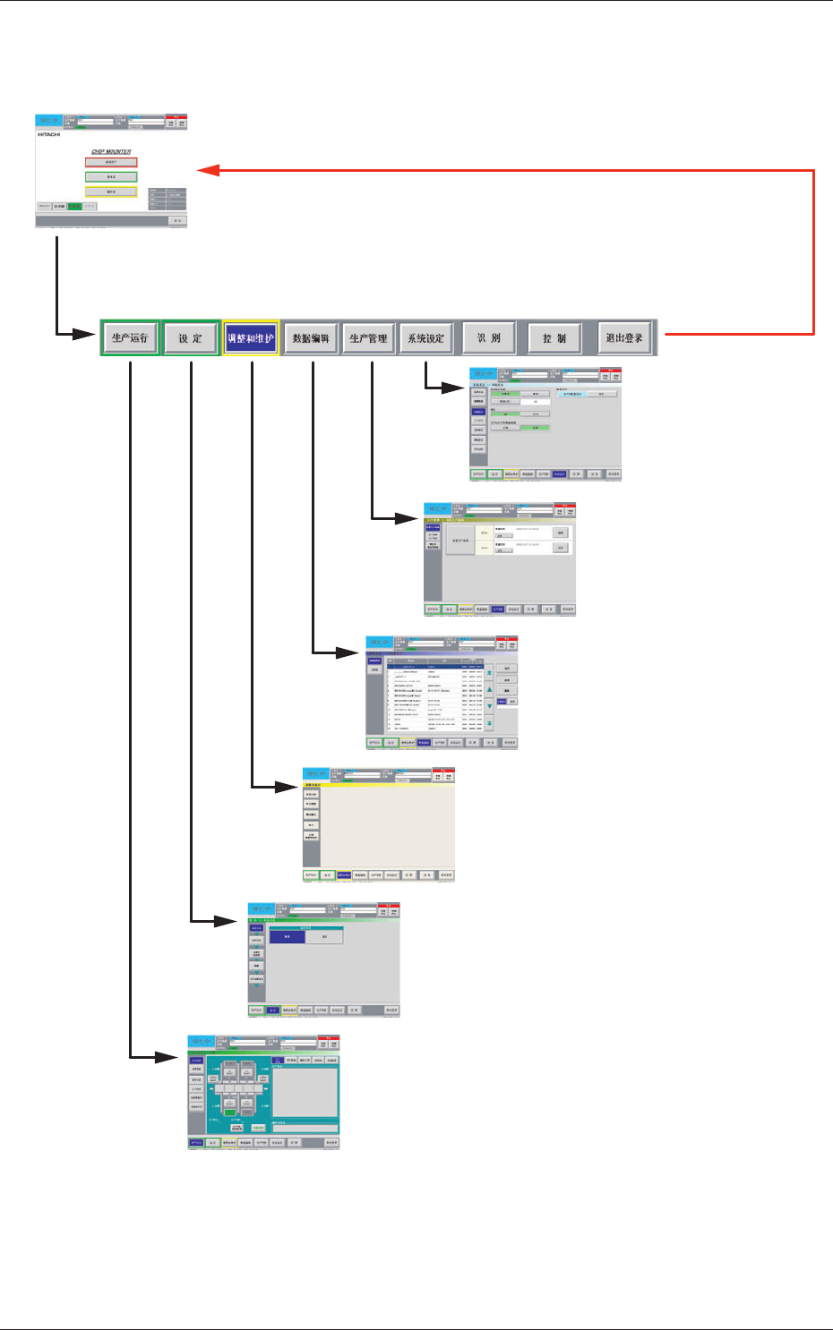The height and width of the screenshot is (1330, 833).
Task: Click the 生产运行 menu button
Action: tap(130, 338)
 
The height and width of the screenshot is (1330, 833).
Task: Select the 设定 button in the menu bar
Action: tap(191, 338)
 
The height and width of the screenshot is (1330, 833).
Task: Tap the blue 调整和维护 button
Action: tap(251, 338)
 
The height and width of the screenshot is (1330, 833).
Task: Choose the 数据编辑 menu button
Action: tap(311, 338)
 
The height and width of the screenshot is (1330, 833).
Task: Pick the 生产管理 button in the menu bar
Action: tap(369, 338)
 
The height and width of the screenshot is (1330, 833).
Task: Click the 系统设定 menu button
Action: tap(426, 338)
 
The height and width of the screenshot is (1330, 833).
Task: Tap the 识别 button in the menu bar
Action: tap(489, 338)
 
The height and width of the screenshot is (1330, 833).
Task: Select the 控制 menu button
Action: tap(554, 338)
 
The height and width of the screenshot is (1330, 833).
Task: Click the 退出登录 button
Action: tap(624, 338)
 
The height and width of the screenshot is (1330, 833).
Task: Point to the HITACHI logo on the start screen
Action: tap(48, 135)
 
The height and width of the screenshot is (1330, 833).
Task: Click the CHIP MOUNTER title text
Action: tap(111, 152)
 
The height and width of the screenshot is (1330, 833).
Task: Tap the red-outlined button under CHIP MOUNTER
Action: tap(111, 163)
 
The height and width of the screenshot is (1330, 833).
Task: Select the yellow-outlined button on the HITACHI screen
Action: tap(111, 192)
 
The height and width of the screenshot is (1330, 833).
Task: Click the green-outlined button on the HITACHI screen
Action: tap(111, 177)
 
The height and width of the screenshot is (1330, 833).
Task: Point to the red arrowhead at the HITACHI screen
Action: tap(207, 170)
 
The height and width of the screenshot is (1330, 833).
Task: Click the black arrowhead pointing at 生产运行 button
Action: tap(87, 335)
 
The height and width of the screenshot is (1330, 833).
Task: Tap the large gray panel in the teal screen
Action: tap(305, 1092)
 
